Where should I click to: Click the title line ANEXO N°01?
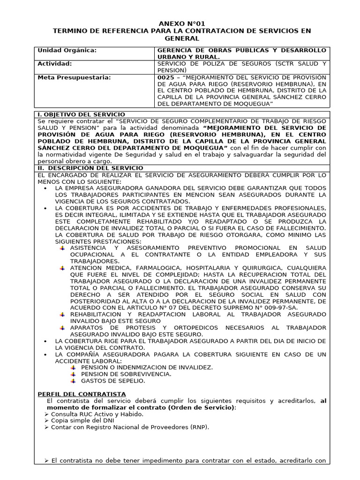pos(182,23)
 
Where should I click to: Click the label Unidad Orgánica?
pos(67,50)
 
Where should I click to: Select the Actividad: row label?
pos(55,63)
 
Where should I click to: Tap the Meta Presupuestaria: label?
pos(74,77)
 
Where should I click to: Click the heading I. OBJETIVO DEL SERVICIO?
pos(81,114)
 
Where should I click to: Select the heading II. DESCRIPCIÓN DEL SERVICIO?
pos(90,168)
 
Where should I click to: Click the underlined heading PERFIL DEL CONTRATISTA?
pos(82,394)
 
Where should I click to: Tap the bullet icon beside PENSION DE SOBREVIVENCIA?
pos(73,374)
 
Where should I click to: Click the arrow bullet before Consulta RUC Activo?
pos(46,414)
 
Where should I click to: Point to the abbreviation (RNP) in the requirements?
pos(199,427)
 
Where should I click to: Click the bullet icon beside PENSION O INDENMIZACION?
pos(73,367)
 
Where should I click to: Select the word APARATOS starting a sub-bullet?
pos(86,327)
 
